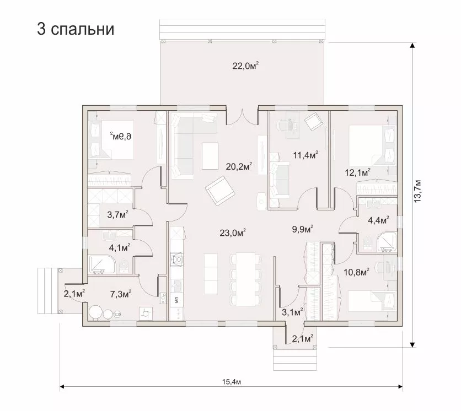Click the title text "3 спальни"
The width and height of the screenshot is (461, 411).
tap(76, 29)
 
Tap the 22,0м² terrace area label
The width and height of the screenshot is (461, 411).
tap(245, 66)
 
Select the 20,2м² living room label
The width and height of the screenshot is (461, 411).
tap(239, 166)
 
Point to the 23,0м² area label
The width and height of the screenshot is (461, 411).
tap(233, 233)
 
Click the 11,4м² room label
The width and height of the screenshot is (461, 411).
tap(305, 154)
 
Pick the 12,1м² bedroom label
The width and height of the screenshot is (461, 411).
tap(357, 172)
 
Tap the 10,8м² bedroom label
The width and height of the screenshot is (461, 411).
tap(357, 272)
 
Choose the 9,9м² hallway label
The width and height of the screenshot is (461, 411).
tap(303, 229)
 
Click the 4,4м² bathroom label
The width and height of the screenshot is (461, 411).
tap(379, 220)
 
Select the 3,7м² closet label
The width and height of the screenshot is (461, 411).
tap(117, 214)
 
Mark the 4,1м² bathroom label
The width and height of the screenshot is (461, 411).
tap(120, 248)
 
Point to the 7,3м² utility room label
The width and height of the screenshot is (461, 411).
tap(121, 294)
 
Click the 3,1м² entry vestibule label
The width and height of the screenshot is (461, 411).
tap(292, 312)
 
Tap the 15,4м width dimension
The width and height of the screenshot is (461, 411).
tap(232, 382)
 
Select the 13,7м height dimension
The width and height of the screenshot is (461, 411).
tap(417, 191)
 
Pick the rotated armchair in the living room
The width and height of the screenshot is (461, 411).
tap(220, 191)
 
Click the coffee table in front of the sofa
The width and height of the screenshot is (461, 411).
tap(210, 156)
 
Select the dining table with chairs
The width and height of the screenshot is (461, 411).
tap(246, 279)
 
